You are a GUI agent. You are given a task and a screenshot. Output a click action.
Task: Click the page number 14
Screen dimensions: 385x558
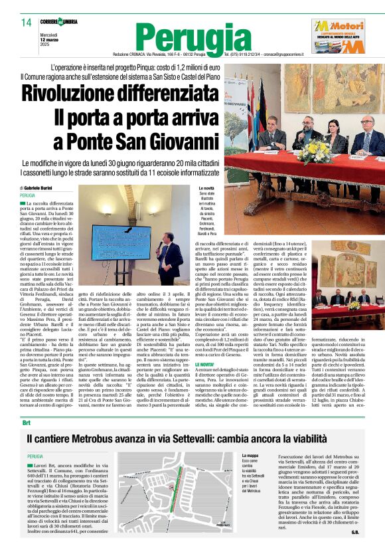tap(26, 23)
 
